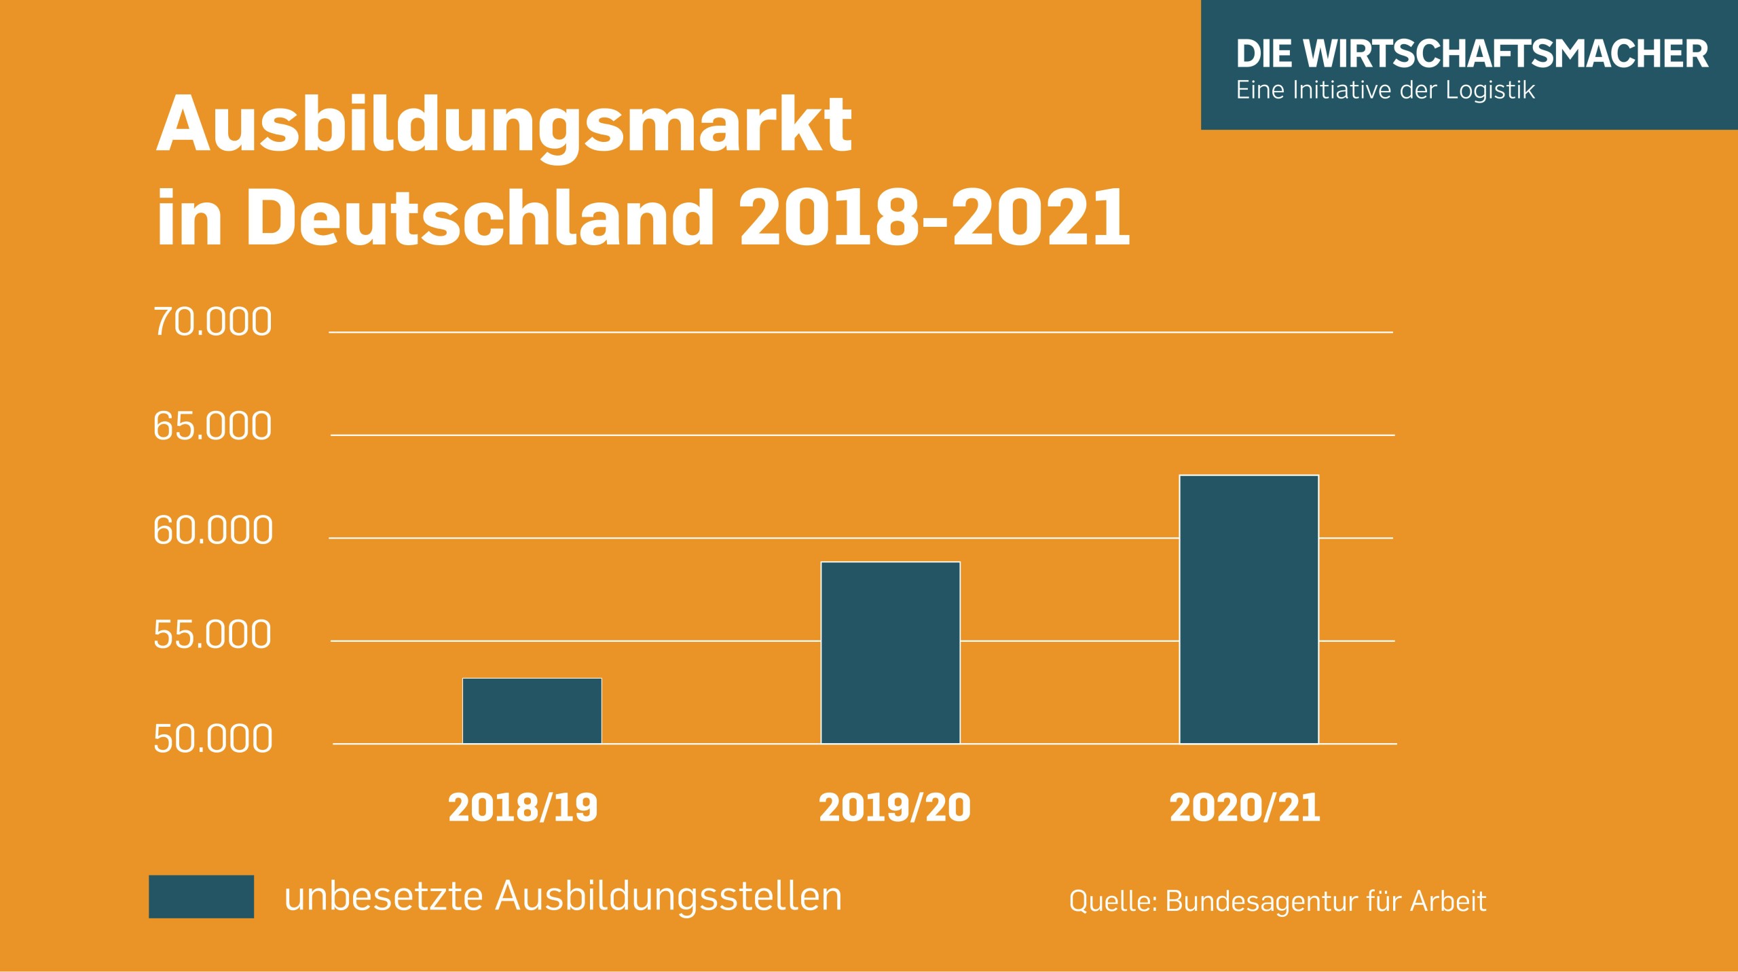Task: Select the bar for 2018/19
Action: [532, 710]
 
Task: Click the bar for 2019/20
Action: [890, 652]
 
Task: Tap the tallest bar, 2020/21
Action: [1249, 609]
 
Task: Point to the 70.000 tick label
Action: [212, 322]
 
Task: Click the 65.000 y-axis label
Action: [212, 427]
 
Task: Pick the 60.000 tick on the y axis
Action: [212, 530]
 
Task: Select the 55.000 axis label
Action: [212, 635]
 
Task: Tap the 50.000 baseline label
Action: [212, 739]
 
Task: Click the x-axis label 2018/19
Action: [523, 808]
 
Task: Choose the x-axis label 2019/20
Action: [895, 808]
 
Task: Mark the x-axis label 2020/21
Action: [1244, 808]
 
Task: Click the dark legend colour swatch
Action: [201, 896]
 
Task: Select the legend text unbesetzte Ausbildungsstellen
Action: [563, 896]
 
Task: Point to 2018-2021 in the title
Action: [934, 217]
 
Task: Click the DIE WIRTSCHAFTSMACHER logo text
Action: [1472, 54]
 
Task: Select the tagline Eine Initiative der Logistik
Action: [1385, 90]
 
